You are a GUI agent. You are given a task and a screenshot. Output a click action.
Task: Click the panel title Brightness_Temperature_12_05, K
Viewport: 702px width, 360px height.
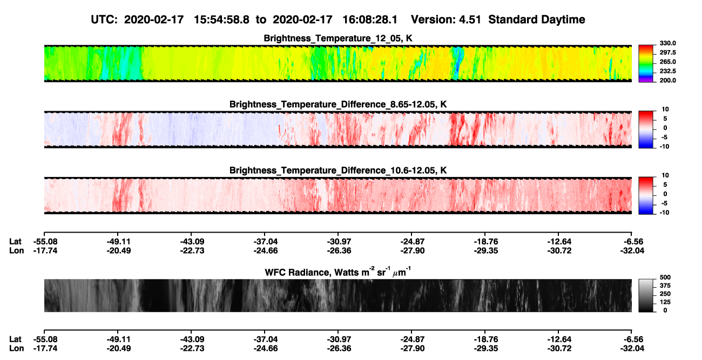point(338,38)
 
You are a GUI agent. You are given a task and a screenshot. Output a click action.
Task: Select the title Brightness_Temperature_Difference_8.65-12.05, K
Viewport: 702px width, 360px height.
point(338,104)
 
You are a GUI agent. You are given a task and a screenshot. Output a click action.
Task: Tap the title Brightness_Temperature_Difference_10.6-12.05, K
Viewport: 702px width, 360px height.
point(338,171)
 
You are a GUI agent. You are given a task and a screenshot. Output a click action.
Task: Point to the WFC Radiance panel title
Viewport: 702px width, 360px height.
point(338,271)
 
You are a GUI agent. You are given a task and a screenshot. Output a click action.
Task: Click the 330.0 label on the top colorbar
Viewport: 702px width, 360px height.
point(667,43)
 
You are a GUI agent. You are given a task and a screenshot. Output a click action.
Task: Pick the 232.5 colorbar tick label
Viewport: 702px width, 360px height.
point(667,71)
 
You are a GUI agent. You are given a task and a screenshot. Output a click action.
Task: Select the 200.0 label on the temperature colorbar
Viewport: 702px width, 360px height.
point(667,80)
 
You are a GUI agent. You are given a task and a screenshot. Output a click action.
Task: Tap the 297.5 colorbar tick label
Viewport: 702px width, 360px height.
point(667,52)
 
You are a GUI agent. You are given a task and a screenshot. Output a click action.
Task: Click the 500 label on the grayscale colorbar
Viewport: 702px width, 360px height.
point(665,277)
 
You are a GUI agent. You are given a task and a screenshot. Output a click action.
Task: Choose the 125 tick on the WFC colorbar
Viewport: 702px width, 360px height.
point(665,302)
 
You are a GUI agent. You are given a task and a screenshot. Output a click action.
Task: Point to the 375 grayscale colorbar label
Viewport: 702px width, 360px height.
point(665,286)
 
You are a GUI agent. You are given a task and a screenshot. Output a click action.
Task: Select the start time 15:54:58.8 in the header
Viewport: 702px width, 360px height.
point(221,19)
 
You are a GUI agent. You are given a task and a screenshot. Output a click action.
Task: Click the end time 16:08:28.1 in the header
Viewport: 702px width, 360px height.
point(370,19)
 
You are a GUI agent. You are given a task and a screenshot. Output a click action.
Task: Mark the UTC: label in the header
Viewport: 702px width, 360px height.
point(104,19)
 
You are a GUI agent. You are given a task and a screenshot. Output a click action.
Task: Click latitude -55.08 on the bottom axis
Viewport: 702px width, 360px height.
point(45,339)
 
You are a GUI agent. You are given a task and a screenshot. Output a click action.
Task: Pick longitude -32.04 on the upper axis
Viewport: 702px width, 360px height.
point(632,250)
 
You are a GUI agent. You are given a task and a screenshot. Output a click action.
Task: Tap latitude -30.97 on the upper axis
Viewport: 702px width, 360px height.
point(339,242)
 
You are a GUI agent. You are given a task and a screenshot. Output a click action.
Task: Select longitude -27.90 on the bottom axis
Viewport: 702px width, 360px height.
point(413,349)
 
